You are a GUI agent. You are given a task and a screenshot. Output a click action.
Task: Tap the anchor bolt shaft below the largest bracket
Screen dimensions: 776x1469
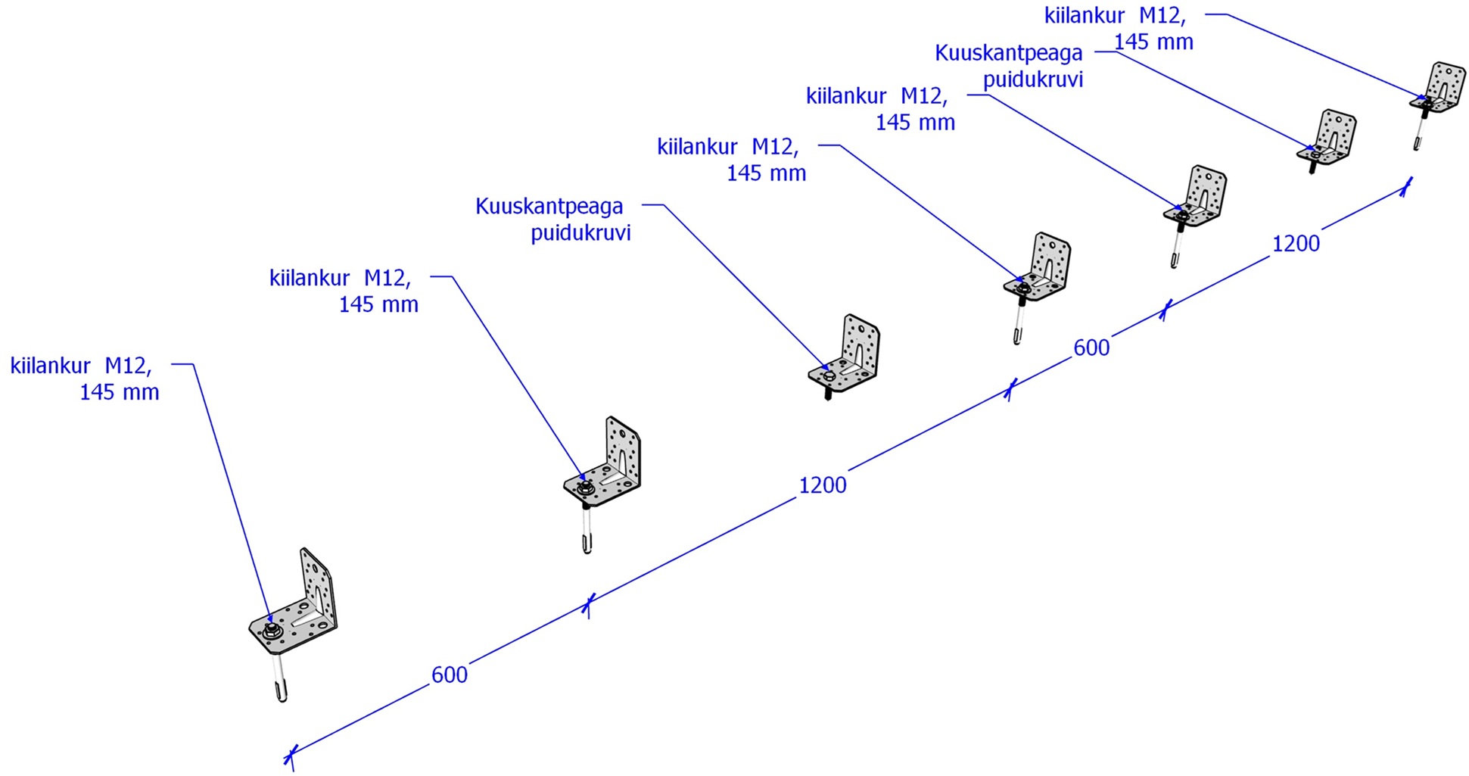point(280,678)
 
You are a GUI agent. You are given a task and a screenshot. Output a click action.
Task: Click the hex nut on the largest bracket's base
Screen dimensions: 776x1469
point(271,630)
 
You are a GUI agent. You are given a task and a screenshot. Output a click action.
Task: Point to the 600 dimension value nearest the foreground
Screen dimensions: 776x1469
point(450,675)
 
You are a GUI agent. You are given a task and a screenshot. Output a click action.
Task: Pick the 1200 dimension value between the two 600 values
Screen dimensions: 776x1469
point(823,485)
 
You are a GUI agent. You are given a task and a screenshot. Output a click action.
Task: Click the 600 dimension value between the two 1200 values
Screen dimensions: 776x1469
point(1091,347)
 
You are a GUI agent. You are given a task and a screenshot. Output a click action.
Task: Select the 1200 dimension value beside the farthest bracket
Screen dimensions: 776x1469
point(1296,243)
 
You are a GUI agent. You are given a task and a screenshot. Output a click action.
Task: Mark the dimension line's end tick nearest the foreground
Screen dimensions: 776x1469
point(291,755)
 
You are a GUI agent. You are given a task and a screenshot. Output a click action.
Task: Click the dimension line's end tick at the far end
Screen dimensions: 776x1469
point(1406,185)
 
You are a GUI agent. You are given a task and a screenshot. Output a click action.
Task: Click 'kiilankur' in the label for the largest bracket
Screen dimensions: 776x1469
point(51,366)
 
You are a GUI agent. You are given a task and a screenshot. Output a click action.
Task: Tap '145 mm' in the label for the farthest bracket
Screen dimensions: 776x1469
point(1153,42)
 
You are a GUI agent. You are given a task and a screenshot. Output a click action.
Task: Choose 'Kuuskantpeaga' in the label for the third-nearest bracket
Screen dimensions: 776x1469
point(549,206)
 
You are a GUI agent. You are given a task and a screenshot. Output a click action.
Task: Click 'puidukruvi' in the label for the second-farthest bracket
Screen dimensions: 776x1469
point(1033,79)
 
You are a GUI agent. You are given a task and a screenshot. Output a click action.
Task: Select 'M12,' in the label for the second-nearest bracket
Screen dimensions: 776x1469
point(387,278)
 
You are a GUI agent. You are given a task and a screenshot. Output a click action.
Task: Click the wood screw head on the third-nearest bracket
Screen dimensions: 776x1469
point(828,376)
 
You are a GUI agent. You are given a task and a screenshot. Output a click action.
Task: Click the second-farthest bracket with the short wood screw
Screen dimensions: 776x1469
point(1329,141)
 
